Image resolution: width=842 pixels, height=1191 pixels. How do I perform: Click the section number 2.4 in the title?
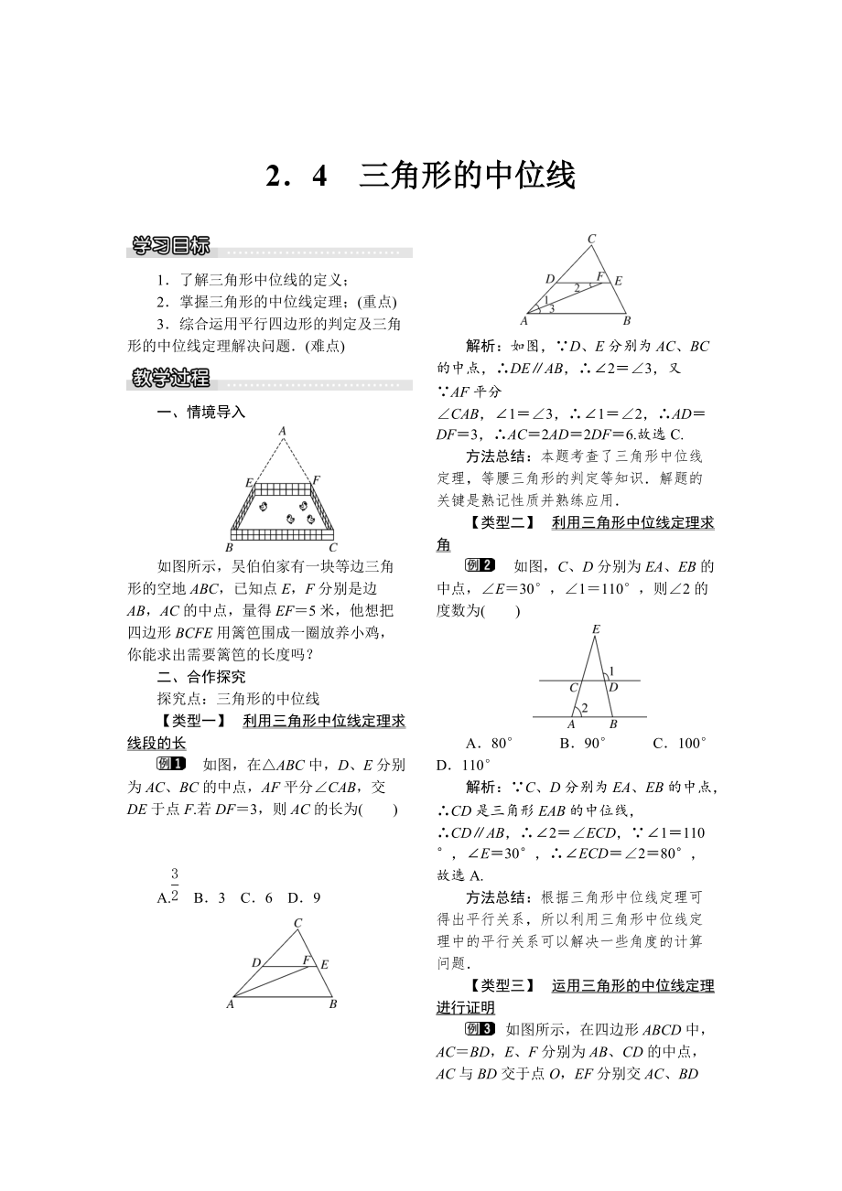(296, 177)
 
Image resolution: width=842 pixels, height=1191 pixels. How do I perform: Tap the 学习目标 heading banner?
(171, 246)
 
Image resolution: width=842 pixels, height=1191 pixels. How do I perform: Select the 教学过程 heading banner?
(171, 377)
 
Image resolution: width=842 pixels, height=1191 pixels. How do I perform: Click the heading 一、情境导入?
(201, 413)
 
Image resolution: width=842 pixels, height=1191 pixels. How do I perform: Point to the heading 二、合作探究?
(201, 677)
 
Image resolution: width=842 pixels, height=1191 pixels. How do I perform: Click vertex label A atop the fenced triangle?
(282, 430)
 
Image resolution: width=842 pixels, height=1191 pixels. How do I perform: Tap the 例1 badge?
(171, 765)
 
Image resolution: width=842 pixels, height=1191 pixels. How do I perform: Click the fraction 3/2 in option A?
(174, 886)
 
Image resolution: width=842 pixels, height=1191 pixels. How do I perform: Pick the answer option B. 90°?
(582, 743)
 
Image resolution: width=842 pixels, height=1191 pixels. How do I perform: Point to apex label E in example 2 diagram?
(596, 628)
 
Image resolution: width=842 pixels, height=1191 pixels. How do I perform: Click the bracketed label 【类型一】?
(191, 721)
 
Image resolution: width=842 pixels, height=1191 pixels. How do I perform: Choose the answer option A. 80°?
(489, 743)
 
